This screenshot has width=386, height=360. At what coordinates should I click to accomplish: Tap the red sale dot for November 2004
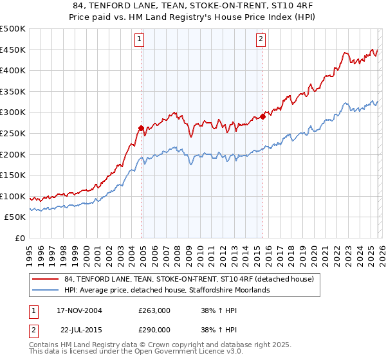[141, 128]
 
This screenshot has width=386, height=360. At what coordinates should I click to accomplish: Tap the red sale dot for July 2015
[262, 117]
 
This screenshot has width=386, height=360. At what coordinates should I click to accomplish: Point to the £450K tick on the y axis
[13, 50]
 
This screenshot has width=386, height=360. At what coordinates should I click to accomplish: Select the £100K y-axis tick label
[13, 197]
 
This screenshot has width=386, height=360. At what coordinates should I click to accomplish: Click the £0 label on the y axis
[19, 239]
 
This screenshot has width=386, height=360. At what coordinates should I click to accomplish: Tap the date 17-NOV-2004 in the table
[80, 310]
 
